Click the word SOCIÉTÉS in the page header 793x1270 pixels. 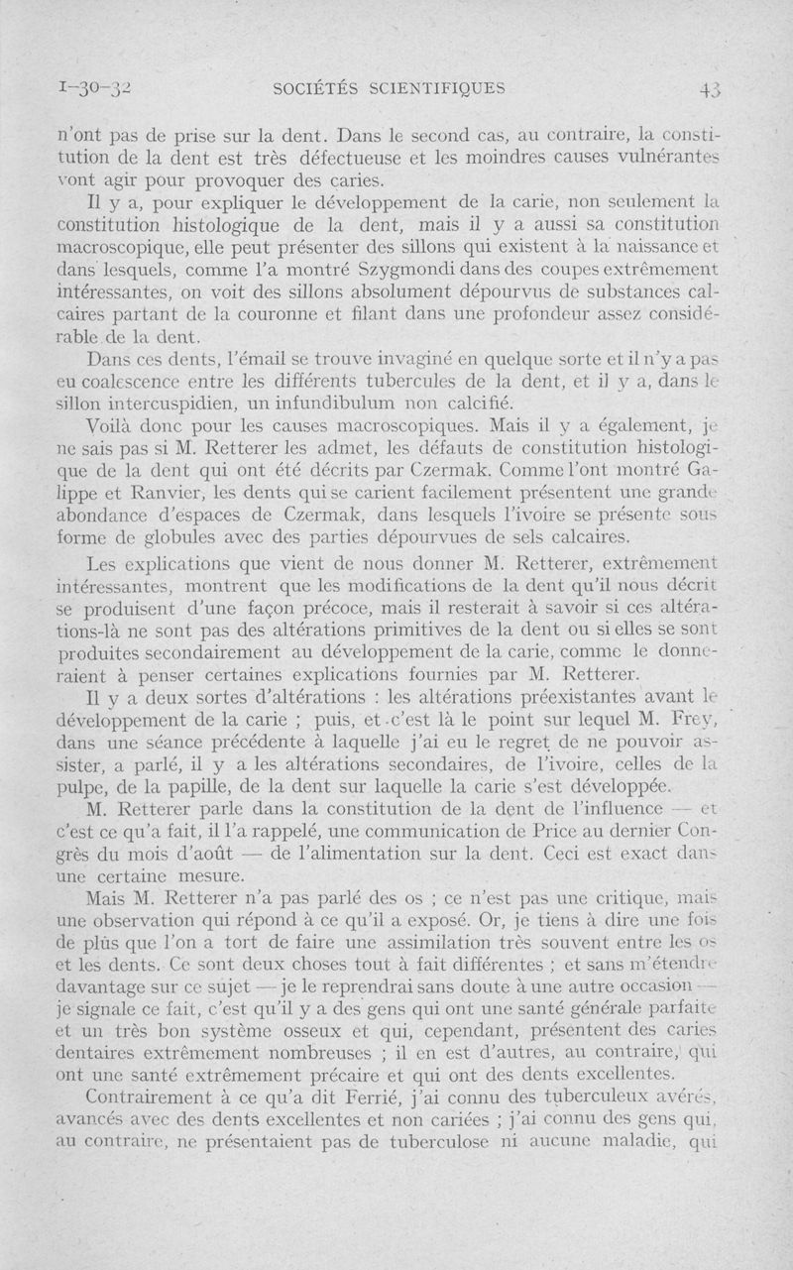click(x=315, y=87)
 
